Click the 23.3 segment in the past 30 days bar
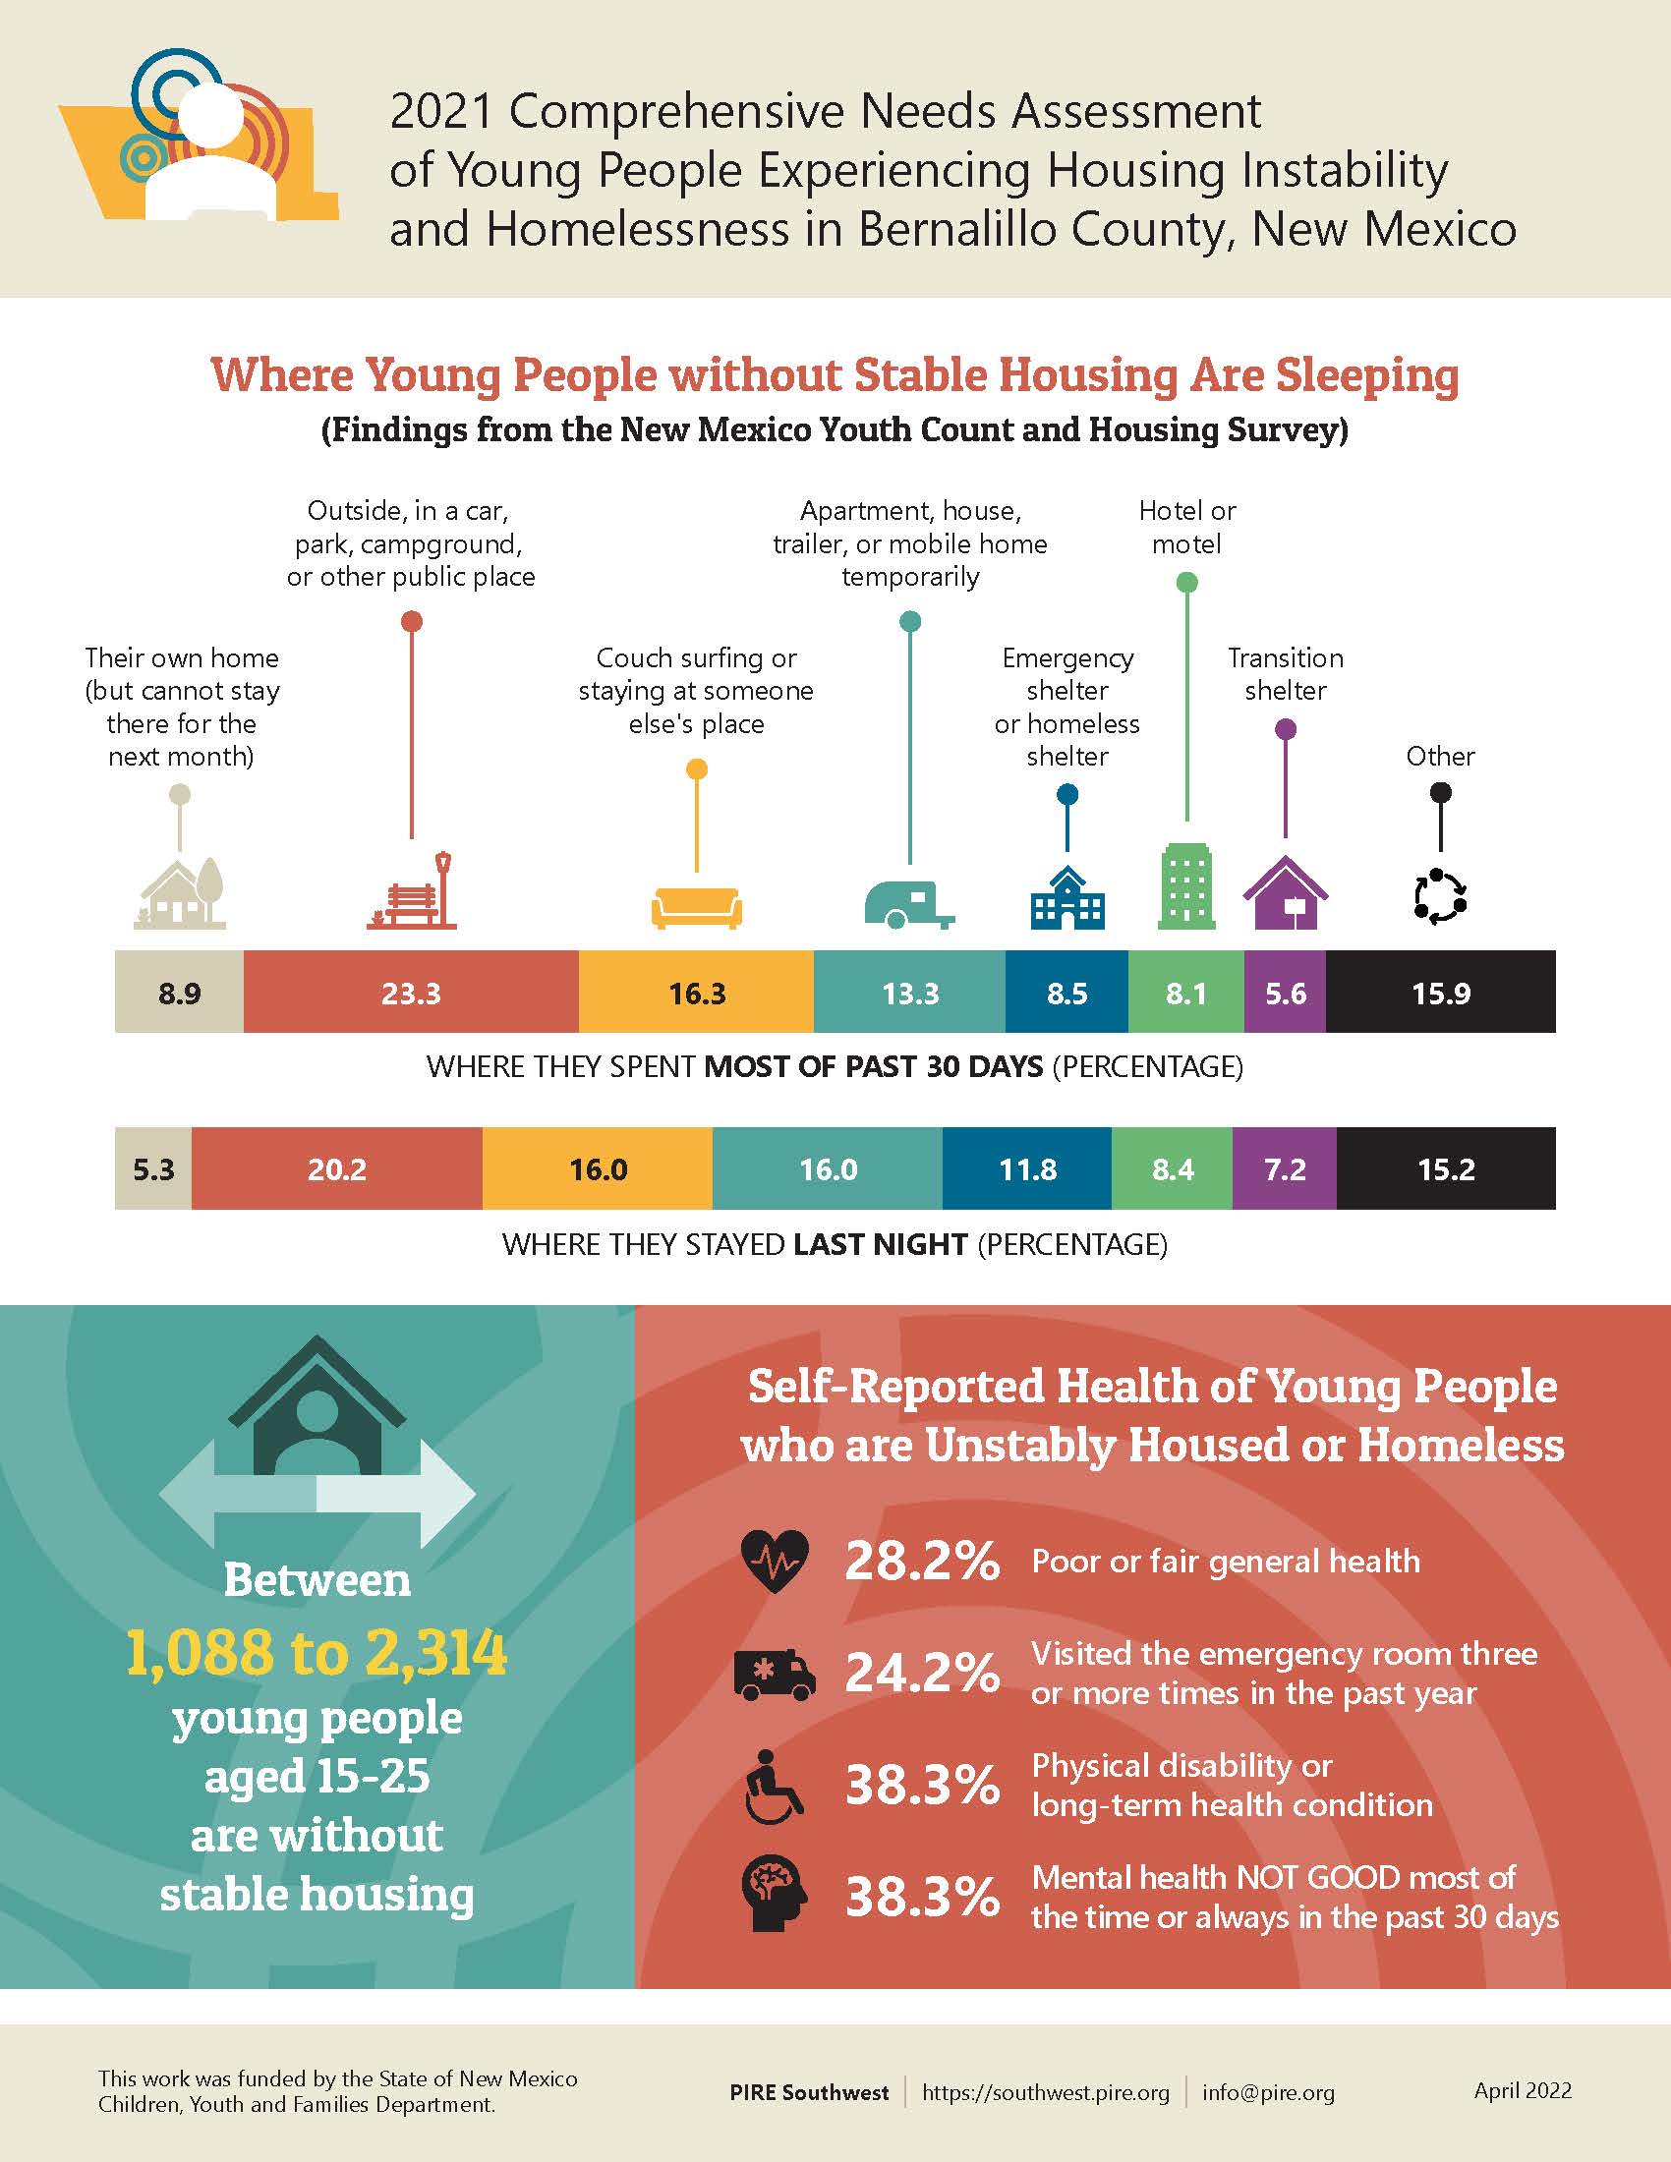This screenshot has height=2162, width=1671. click(x=411, y=992)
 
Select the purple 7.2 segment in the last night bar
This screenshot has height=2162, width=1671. click(x=1284, y=1169)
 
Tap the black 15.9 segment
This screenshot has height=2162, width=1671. click(x=1440, y=992)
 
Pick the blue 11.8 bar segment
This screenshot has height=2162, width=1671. click(x=1026, y=1169)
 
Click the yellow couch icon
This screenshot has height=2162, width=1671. click(x=697, y=907)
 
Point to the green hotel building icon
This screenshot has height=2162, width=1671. click(x=1186, y=886)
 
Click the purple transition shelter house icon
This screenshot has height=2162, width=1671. click(x=1285, y=893)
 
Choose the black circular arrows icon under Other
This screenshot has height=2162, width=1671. click(x=1440, y=897)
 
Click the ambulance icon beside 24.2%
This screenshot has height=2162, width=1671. click(x=776, y=1674)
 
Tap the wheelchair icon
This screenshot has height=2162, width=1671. click(x=774, y=1787)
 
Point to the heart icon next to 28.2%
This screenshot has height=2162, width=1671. click(x=776, y=1562)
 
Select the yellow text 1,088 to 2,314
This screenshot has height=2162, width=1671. click(x=317, y=1652)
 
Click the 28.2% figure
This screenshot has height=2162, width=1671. click(x=922, y=1563)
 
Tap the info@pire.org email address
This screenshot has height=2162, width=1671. click(x=1268, y=2092)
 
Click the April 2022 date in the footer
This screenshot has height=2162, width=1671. click(x=1522, y=2089)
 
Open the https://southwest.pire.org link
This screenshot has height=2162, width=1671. click(x=1046, y=2092)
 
